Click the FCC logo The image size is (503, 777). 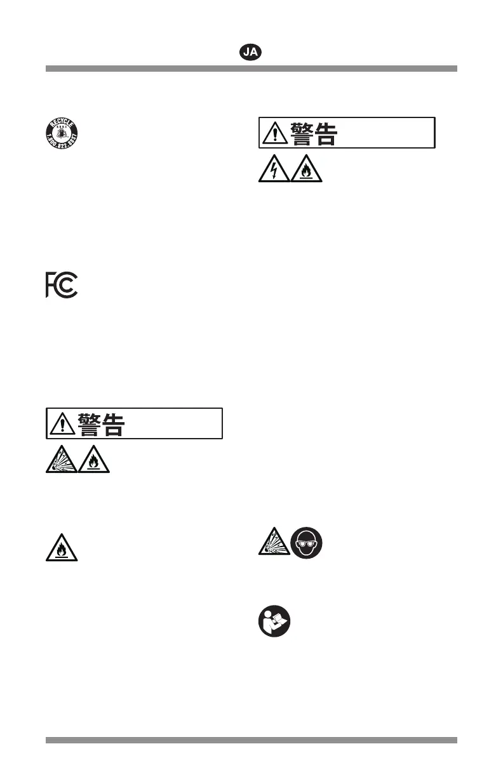(x=62, y=286)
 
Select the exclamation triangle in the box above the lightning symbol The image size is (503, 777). (x=274, y=133)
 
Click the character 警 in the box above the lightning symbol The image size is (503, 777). (x=302, y=133)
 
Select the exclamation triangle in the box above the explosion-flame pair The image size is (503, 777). (x=62, y=423)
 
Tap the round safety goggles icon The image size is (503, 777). (x=307, y=543)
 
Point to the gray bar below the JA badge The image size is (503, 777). (x=251, y=69)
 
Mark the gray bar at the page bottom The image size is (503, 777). (x=251, y=740)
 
